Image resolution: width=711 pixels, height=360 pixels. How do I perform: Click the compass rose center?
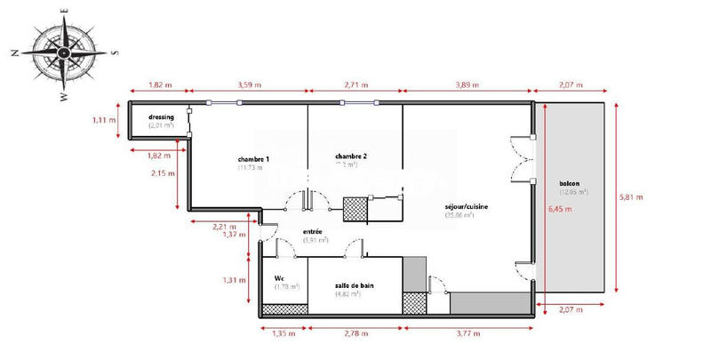click(x=65, y=52)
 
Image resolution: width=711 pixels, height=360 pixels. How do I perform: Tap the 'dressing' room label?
click(x=161, y=117)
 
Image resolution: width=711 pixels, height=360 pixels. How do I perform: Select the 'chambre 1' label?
click(x=253, y=159)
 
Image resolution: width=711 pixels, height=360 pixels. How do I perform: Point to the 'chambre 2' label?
click(x=352, y=156)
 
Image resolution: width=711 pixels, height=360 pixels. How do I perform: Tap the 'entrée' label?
click(x=312, y=231)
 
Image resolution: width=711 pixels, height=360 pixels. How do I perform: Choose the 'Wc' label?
click(x=279, y=277)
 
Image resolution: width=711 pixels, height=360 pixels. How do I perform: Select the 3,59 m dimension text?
click(x=250, y=85)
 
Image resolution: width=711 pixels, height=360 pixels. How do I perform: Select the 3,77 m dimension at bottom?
click(x=466, y=334)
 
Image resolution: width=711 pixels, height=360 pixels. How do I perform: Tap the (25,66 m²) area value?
click(x=459, y=215)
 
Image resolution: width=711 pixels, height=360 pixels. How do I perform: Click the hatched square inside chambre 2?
click(x=355, y=210)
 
